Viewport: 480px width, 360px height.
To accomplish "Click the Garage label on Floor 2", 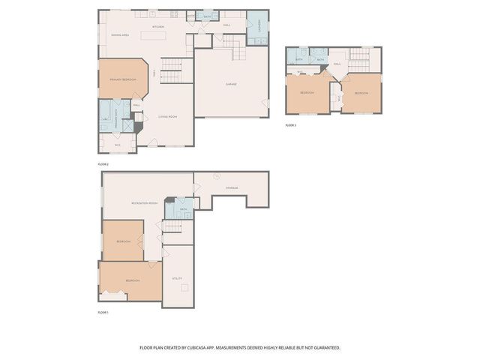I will [x=231, y=84].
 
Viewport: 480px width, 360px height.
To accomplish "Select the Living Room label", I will [x=167, y=116].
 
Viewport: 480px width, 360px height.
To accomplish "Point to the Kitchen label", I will [x=158, y=27].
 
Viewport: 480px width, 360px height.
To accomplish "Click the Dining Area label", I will [x=120, y=35].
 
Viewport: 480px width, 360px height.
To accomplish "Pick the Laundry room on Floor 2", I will [x=257, y=28].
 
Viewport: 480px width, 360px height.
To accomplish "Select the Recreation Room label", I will [x=144, y=203].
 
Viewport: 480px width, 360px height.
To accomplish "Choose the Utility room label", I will [x=178, y=277].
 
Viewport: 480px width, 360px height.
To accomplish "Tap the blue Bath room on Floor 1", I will [x=183, y=208].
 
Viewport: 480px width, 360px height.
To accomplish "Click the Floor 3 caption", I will [x=291, y=125].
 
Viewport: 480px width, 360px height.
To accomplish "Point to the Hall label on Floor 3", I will [x=337, y=64].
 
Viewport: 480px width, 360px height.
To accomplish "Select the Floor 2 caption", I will [x=103, y=163].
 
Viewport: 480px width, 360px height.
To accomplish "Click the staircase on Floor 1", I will [x=173, y=226].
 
